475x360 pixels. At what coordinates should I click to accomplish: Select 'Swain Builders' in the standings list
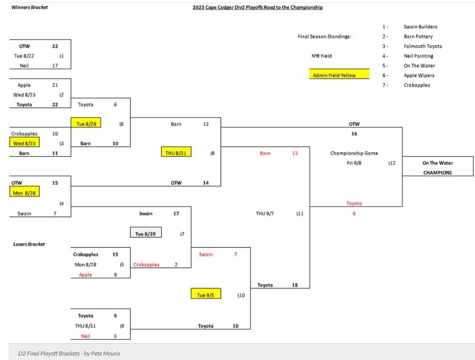click(x=420, y=27)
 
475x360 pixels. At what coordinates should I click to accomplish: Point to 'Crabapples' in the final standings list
click(x=417, y=85)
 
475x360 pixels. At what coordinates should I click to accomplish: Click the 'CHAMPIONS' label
click(x=437, y=173)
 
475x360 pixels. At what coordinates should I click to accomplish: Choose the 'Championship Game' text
click(x=354, y=154)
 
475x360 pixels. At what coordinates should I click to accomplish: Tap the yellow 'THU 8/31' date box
click(x=176, y=153)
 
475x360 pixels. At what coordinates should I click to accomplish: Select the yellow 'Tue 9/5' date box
click(x=206, y=295)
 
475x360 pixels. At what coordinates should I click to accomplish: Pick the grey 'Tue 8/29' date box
click(x=146, y=233)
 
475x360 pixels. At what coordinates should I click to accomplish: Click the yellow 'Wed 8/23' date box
click(x=25, y=143)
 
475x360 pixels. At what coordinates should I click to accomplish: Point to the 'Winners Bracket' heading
click(x=30, y=7)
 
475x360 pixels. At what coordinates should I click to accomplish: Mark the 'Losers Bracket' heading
click(x=29, y=244)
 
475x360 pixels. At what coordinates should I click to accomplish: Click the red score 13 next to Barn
click(x=295, y=154)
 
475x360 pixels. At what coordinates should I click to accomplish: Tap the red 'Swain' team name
click(x=206, y=254)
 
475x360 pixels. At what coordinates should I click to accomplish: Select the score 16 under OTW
click(x=354, y=134)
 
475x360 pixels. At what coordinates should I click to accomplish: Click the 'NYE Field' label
click(x=321, y=56)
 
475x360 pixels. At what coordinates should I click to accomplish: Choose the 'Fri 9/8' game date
click(x=354, y=163)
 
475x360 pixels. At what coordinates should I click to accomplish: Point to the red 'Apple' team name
click(x=85, y=275)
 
